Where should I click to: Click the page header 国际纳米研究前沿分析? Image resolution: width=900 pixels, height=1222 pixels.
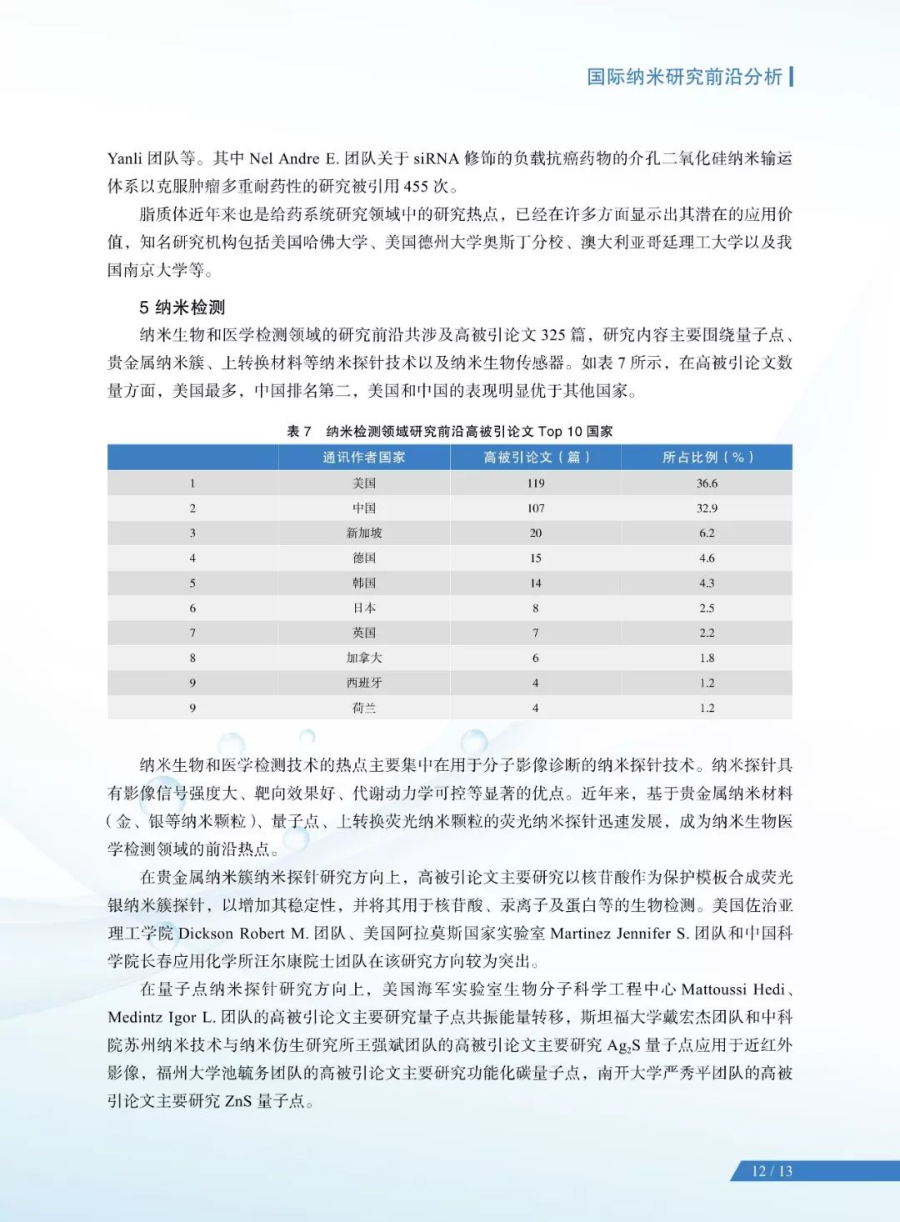(684, 77)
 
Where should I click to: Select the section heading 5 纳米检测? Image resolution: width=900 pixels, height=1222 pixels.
(182, 307)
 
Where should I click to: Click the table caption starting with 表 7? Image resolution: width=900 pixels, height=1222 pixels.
(449, 431)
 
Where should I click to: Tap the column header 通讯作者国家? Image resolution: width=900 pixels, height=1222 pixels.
(364, 457)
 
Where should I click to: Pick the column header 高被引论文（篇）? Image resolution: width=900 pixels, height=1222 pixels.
(536, 457)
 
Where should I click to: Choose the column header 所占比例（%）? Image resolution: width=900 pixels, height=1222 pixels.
(707, 457)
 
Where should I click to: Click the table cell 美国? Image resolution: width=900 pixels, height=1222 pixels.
(364, 483)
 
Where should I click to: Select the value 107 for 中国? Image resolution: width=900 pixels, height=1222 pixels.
(536, 508)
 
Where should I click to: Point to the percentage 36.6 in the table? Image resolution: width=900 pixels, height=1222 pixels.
(707, 483)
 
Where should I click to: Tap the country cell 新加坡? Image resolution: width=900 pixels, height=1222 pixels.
(364, 533)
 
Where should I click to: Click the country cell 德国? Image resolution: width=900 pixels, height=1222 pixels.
(364, 558)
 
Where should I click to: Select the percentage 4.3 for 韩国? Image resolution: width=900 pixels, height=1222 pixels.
(707, 583)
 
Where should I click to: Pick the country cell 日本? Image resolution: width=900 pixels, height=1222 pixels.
(364, 608)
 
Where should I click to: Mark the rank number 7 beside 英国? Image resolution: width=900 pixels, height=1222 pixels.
(192, 633)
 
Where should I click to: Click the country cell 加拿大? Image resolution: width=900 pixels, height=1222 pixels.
(364, 658)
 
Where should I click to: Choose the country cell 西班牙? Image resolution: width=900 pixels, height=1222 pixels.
(364, 683)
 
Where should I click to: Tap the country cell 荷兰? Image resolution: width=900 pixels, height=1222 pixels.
(364, 708)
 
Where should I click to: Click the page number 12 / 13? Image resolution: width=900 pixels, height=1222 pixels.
(772, 1170)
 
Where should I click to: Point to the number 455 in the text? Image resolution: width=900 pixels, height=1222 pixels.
(415, 186)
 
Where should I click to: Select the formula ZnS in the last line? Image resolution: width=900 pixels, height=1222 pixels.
(238, 1100)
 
